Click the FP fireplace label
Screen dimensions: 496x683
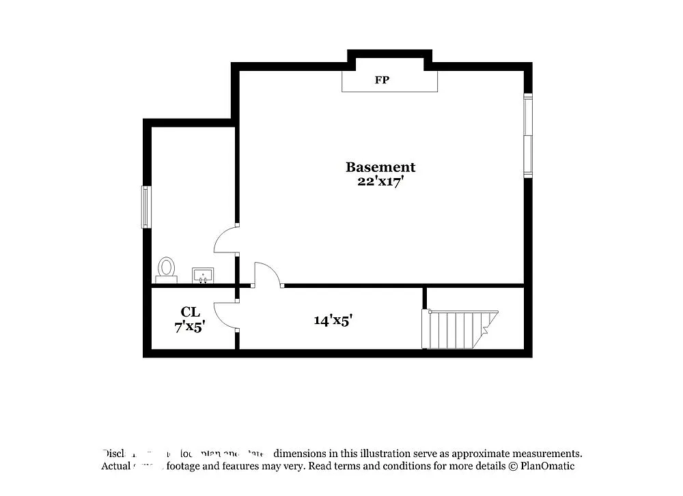tap(382, 81)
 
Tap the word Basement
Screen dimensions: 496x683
tap(380, 167)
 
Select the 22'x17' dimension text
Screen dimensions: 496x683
tap(380, 181)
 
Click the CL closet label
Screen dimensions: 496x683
tap(190, 312)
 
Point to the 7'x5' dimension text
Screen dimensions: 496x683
tap(190, 327)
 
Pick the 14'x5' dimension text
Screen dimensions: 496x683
tap(333, 319)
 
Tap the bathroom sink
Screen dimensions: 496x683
tap(203, 275)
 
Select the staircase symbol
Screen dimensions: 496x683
tap(459, 330)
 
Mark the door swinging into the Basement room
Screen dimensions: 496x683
tap(267, 274)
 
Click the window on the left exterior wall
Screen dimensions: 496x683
tap(145, 207)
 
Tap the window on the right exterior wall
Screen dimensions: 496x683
tap(527, 136)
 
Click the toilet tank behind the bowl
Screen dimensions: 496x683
tap(166, 280)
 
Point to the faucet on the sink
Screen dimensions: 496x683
tap(203, 272)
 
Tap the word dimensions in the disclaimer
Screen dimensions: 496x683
tap(305, 453)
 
